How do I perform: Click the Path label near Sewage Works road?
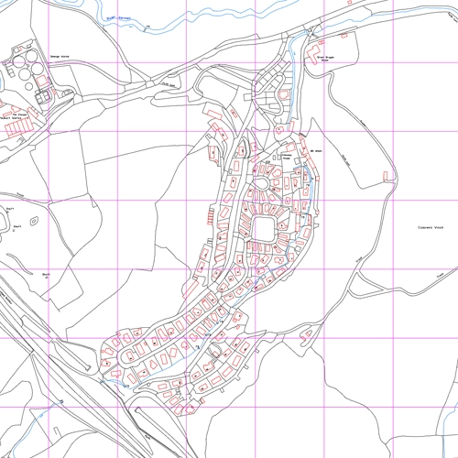click(x=168, y=86)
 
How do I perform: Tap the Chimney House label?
click(x=284, y=157)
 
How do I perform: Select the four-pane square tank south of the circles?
click(x=41, y=93)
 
